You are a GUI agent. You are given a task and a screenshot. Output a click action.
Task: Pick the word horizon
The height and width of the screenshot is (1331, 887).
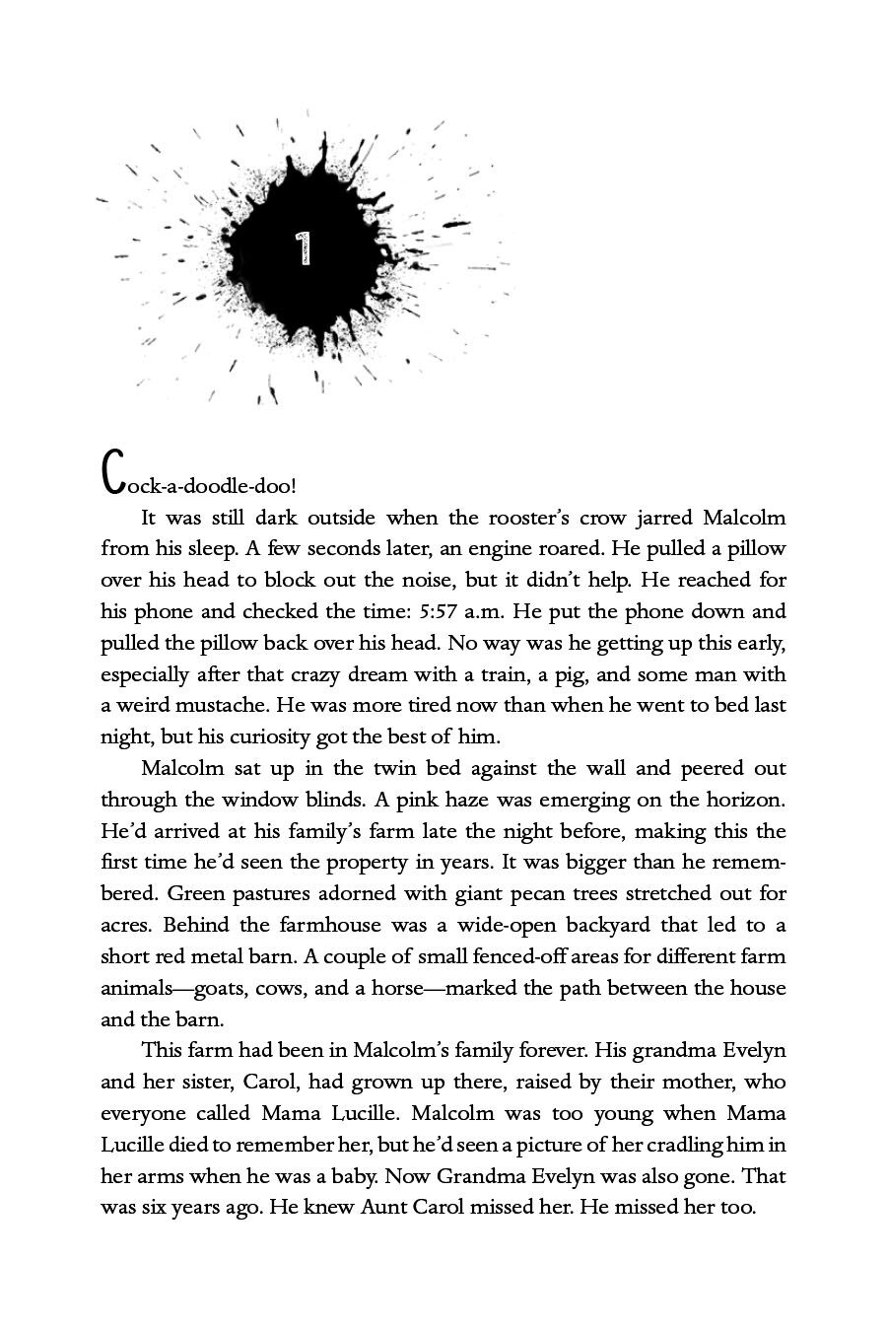pos(748,800)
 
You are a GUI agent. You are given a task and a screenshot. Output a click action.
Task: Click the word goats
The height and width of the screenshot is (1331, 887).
pos(210,988)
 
